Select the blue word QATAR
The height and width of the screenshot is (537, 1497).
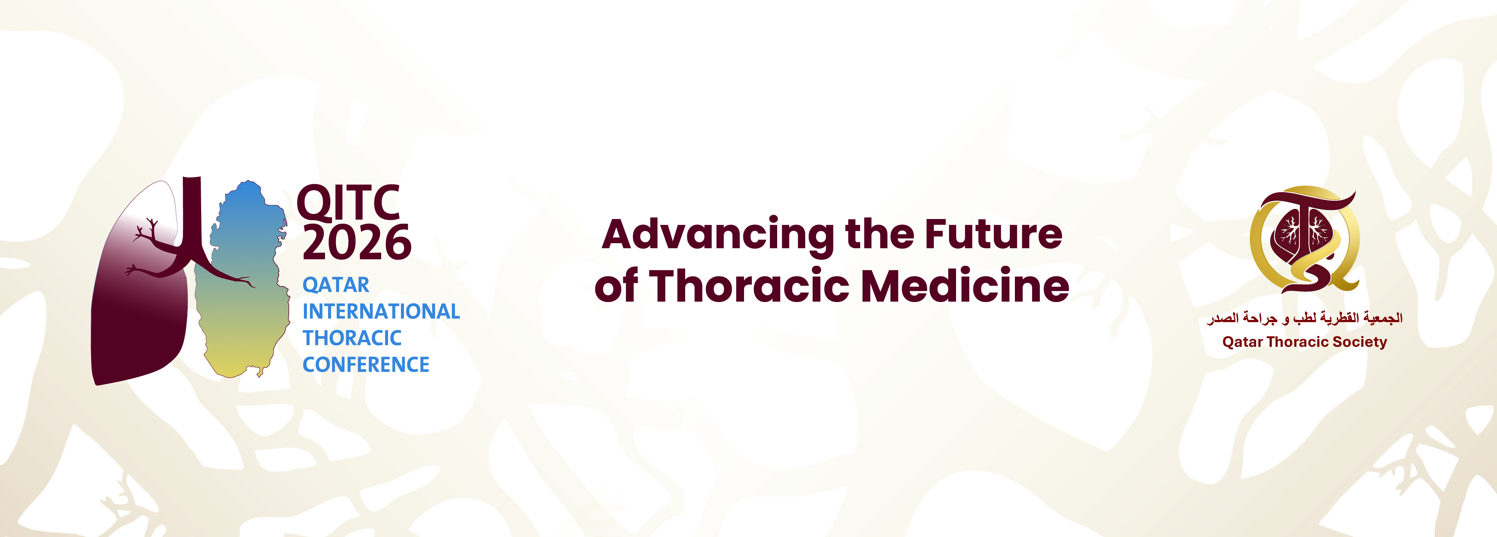click(x=336, y=285)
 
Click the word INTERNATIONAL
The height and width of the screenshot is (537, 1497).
click(x=381, y=311)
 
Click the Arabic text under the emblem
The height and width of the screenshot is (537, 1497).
click(x=1304, y=318)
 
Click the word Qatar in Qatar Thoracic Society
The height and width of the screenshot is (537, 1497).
click(x=1242, y=342)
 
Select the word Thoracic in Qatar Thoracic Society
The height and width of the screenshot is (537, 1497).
click(x=1297, y=342)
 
